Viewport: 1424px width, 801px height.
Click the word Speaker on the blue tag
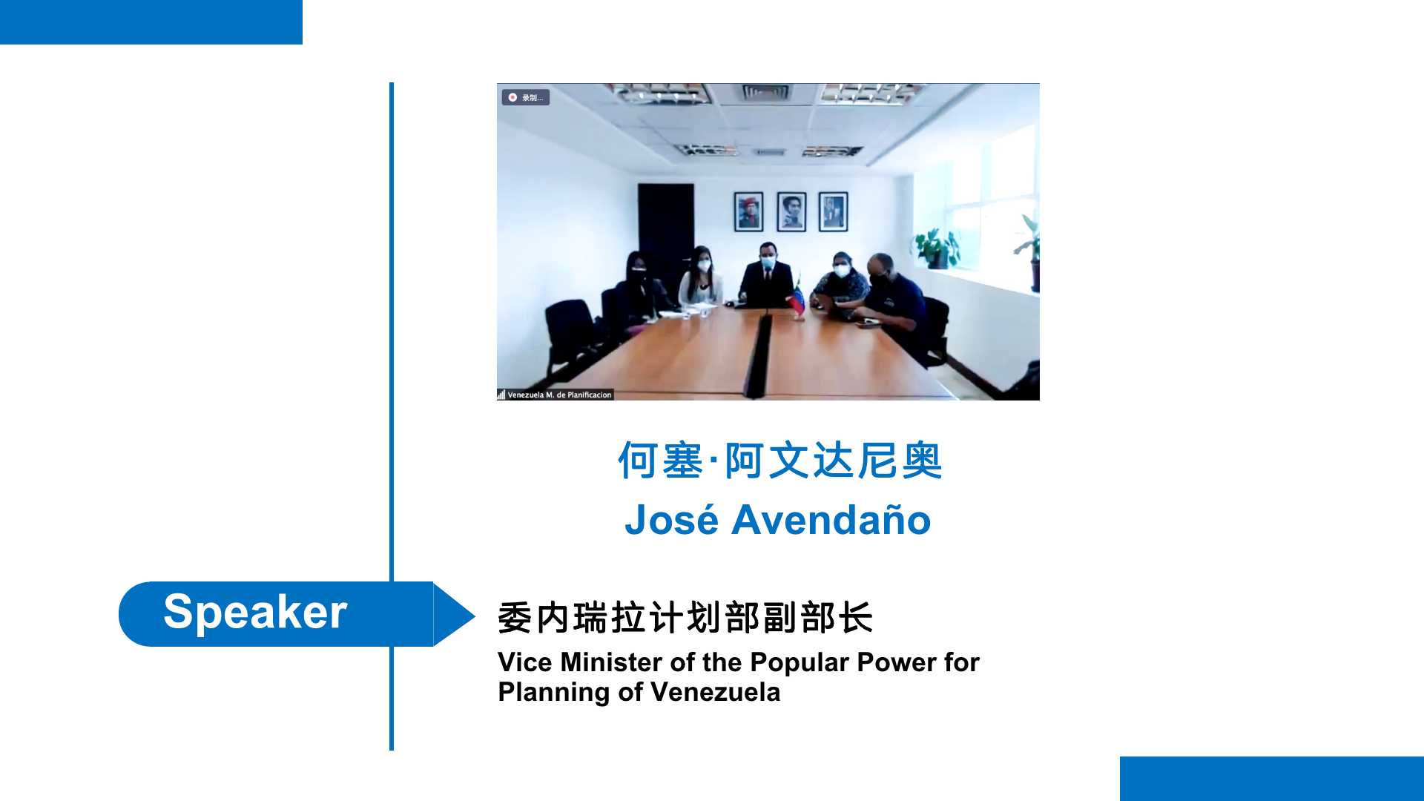pos(255,613)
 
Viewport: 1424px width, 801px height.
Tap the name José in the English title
pos(671,519)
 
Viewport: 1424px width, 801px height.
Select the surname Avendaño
pos(831,519)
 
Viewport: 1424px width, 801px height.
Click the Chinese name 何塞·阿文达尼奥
pos(779,461)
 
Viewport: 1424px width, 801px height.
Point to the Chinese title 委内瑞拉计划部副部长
pos(685,618)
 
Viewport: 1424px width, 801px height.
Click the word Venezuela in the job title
pos(715,693)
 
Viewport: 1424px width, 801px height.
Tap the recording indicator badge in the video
pos(526,97)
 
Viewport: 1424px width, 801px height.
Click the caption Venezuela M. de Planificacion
pos(559,395)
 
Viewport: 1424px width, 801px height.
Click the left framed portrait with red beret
pos(748,211)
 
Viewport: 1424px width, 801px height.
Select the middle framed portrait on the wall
pos(791,211)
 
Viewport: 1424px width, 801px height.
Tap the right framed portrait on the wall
pos(833,211)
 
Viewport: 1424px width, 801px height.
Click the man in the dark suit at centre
pos(767,276)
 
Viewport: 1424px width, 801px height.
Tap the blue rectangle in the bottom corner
pos(1272,779)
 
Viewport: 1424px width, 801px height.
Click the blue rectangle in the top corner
pos(151,22)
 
